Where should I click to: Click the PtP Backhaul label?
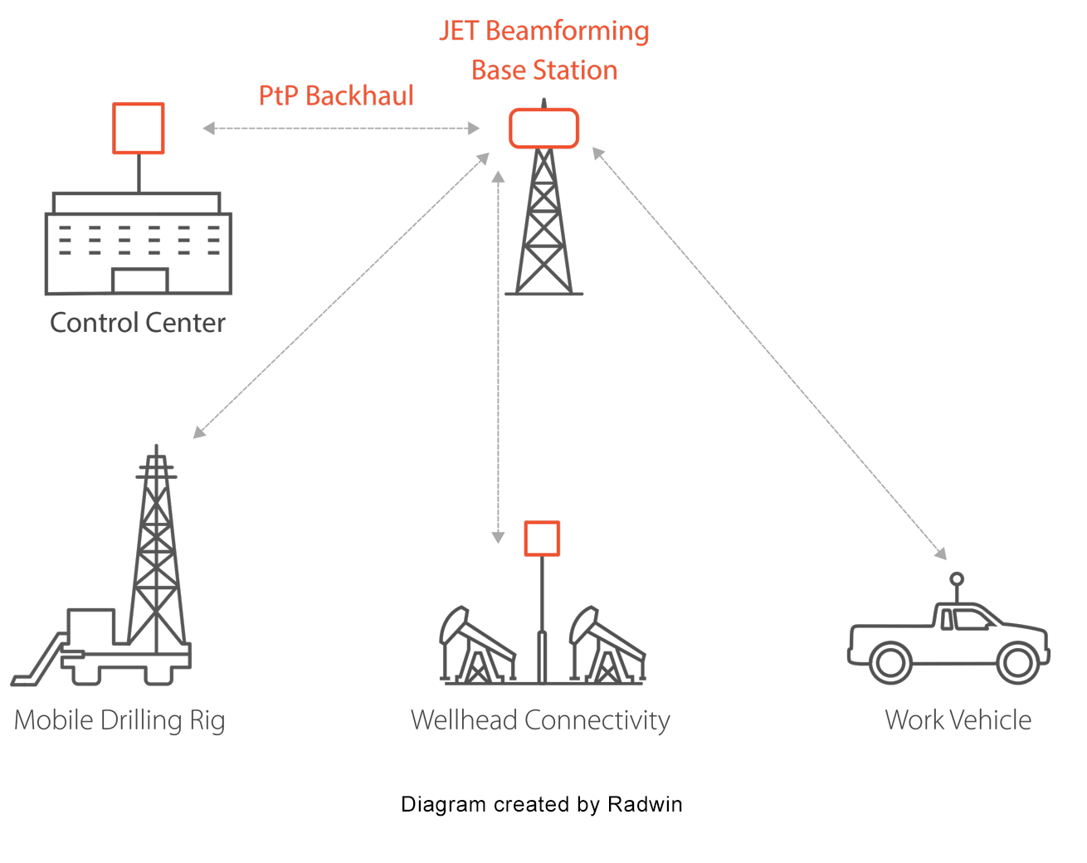[336, 96]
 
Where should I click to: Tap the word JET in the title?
[458, 32]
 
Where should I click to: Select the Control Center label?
[137, 323]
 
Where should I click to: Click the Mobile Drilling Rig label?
[119, 720]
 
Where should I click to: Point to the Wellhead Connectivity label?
[540, 720]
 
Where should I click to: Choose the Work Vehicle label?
[958, 720]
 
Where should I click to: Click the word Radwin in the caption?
[645, 804]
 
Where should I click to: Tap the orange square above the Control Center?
[138, 128]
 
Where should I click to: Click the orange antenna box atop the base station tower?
[543, 129]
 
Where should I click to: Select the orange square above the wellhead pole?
[542, 539]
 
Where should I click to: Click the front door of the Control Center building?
[139, 280]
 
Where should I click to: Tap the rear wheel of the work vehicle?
[890, 662]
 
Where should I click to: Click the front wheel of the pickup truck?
[1017, 662]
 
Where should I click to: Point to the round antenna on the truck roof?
[957, 579]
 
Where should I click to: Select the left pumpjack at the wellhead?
[475, 647]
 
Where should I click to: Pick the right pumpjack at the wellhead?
[606, 647]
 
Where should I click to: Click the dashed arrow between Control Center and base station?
[341, 129]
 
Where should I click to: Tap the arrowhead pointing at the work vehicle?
[940, 553]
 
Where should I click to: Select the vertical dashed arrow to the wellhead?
[498, 357]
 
